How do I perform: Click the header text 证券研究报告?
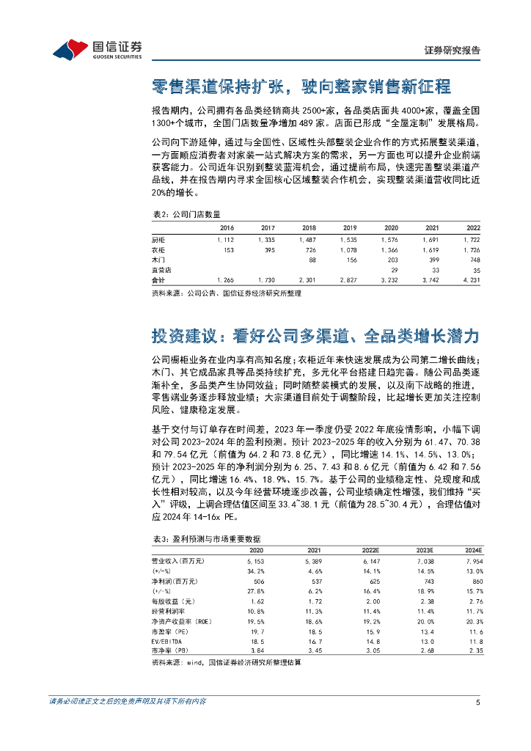[453, 51]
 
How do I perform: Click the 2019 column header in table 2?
[350, 228]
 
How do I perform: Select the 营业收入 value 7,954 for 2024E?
[473, 561]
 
